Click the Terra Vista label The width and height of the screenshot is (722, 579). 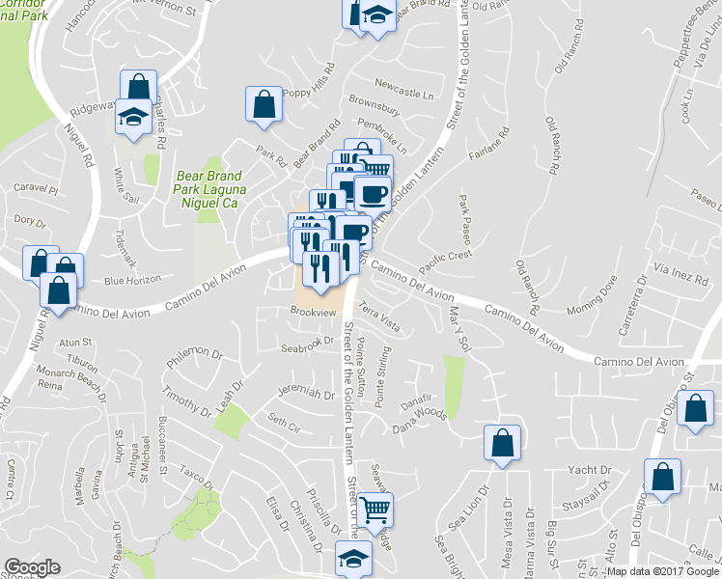coord(378,317)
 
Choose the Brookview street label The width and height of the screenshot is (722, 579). coord(312,312)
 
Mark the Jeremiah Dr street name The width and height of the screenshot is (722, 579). coord(298,392)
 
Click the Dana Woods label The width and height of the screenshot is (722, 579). coord(418,415)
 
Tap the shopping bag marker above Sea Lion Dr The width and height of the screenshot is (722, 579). coord(502,444)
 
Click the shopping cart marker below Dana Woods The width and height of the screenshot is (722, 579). coord(375,508)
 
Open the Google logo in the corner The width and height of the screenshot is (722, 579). coord(32,567)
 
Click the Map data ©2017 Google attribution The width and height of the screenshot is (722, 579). coord(663,571)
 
